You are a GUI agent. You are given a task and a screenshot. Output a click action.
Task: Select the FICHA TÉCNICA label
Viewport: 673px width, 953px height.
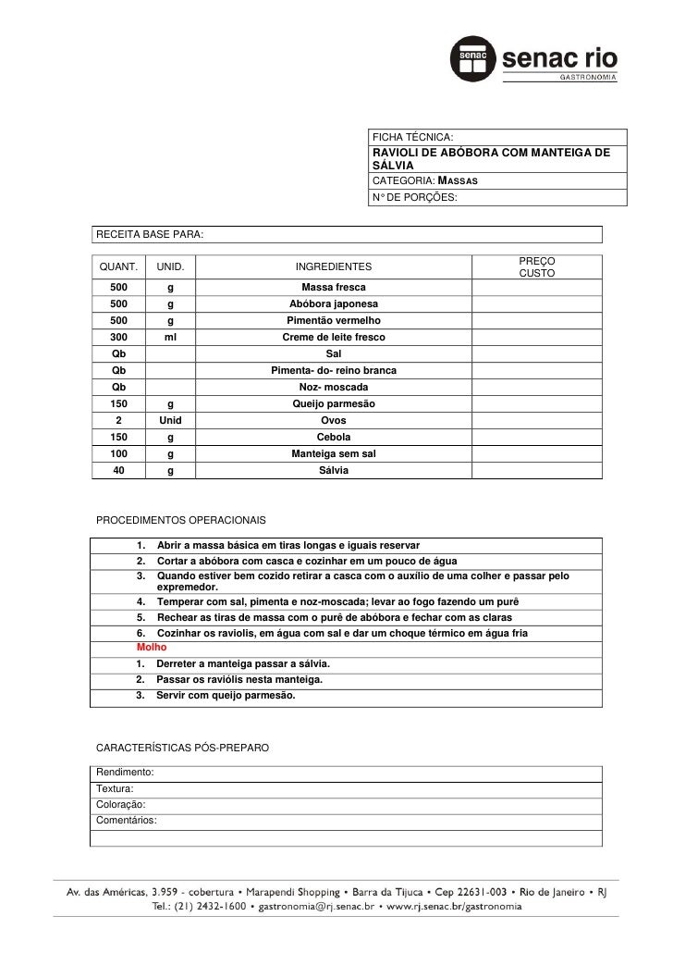pyautogui.click(x=412, y=137)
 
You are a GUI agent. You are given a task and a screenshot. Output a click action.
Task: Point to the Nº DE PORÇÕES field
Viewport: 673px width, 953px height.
pyautogui.click(x=413, y=197)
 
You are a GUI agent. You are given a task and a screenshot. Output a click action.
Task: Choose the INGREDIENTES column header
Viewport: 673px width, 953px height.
pyautogui.click(x=333, y=267)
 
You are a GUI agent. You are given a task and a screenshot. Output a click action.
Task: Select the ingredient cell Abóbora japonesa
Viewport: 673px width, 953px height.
pyautogui.click(x=333, y=303)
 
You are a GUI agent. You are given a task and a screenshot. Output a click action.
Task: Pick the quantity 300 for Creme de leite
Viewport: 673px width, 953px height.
pyautogui.click(x=119, y=338)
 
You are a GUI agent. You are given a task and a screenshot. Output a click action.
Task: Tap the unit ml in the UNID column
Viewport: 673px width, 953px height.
pyautogui.click(x=170, y=338)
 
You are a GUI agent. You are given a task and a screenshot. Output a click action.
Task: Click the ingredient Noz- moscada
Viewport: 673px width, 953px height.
pyautogui.click(x=333, y=387)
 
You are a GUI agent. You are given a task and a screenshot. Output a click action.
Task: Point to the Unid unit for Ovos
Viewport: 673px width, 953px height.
pyautogui.click(x=170, y=421)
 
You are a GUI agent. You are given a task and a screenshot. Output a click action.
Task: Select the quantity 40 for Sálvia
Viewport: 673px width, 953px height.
pyautogui.click(x=119, y=471)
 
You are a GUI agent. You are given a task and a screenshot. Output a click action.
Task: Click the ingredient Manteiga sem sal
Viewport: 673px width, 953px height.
pyautogui.click(x=333, y=454)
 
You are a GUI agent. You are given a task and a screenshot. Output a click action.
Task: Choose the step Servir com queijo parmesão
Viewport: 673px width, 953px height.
pyautogui.click(x=226, y=695)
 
